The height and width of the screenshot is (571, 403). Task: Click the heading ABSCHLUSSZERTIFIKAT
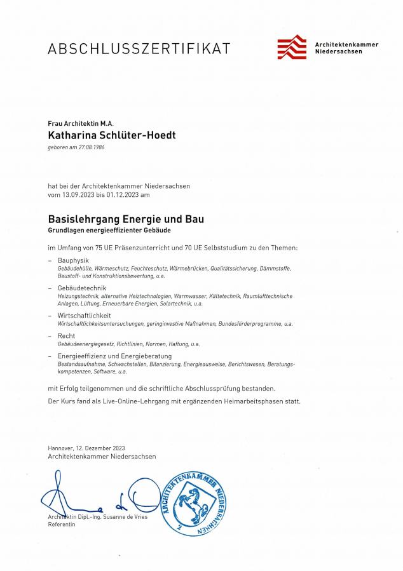click(139, 48)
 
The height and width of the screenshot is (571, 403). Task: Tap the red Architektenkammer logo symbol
click(292, 47)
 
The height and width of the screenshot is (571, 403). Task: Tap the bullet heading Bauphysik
click(73, 260)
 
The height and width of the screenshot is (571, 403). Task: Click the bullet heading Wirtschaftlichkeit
click(84, 316)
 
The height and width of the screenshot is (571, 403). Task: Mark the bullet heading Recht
click(66, 335)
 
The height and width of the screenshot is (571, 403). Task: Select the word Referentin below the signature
click(62, 525)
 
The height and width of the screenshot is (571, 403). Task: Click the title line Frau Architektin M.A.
click(79, 123)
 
